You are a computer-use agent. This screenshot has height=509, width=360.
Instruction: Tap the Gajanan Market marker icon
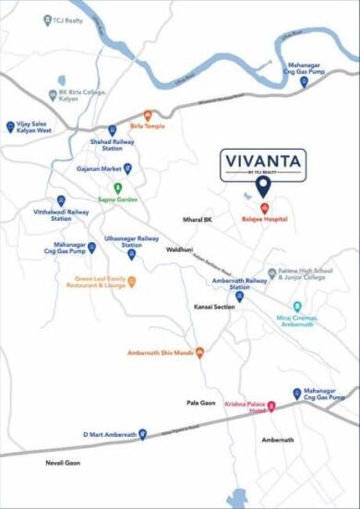[x=127, y=168]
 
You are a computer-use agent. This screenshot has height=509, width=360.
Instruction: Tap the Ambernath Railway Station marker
[x=240, y=297]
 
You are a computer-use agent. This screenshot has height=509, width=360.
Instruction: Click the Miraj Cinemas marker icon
[x=297, y=307]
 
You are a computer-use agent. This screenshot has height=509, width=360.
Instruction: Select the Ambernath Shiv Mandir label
[x=159, y=352]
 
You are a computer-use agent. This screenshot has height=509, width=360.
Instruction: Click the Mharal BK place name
[x=197, y=220]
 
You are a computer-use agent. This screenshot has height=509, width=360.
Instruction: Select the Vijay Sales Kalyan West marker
[x=10, y=125]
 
